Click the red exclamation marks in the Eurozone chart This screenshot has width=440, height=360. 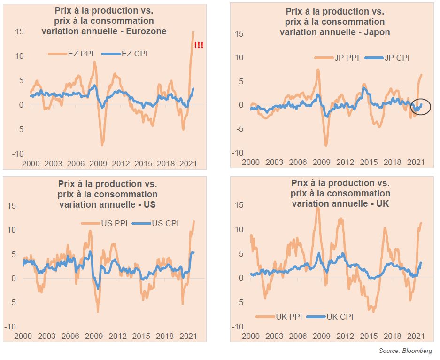point(199,46)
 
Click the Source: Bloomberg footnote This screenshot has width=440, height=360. point(405,351)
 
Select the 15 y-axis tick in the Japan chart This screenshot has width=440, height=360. point(239,34)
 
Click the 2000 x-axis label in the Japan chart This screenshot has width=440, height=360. point(250,162)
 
